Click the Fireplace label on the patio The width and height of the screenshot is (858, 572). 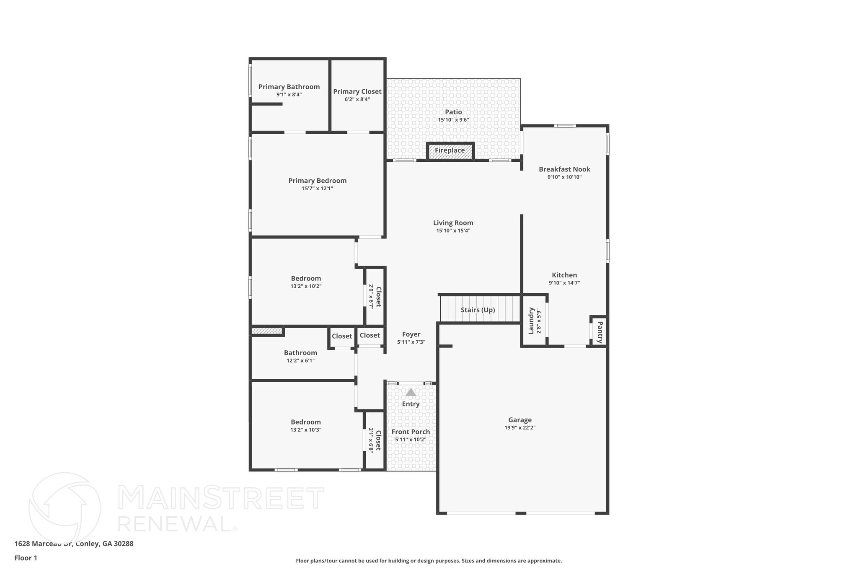pyautogui.click(x=450, y=150)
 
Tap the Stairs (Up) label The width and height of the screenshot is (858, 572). pyautogui.click(x=478, y=310)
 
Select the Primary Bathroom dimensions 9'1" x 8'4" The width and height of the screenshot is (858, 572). pyautogui.click(x=289, y=95)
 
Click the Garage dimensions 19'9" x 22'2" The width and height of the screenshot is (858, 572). pyautogui.click(x=520, y=428)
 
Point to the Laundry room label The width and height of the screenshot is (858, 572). pyautogui.click(x=531, y=321)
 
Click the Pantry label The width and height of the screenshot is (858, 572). pyautogui.click(x=600, y=332)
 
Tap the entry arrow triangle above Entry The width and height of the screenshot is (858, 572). pyautogui.click(x=411, y=392)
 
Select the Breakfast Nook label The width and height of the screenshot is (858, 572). pyautogui.click(x=564, y=169)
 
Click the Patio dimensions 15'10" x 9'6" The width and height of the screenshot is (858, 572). pyautogui.click(x=453, y=120)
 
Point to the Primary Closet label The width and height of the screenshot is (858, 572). pyautogui.click(x=357, y=92)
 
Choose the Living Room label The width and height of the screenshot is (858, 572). pyautogui.click(x=453, y=223)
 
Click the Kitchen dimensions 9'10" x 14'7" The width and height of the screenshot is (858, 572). pyautogui.click(x=564, y=283)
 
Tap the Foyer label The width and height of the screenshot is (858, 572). pyautogui.click(x=411, y=334)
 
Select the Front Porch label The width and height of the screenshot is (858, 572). pyautogui.click(x=411, y=432)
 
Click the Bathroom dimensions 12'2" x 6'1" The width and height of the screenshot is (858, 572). pyautogui.click(x=300, y=360)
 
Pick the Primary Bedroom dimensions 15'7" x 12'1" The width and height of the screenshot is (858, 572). pyautogui.click(x=318, y=189)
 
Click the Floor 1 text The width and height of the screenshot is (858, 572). pyautogui.click(x=26, y=558)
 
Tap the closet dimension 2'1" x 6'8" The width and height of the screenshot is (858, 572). pyautogui.click(x=371, y=440)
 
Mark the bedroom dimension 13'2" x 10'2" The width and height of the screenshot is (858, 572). pyautogui.click(x=306, y=286)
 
